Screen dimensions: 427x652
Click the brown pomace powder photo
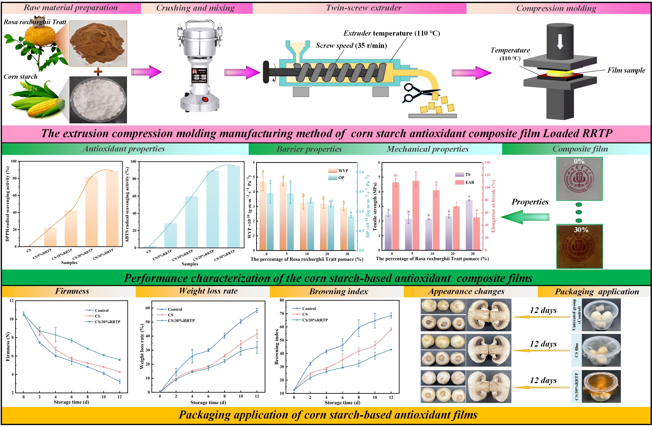[98, 43]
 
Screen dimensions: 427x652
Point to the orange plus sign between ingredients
[98, 72]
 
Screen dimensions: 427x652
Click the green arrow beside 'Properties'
[525, 217]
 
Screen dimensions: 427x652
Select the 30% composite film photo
[579, 246]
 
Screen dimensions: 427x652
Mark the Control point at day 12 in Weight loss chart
[257, 310]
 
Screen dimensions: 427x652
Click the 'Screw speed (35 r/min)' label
[351, 45]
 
